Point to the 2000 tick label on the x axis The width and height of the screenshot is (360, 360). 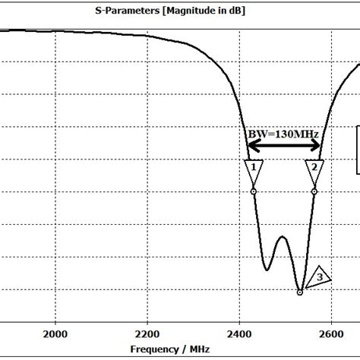pyautogui.click(x=55, y=333)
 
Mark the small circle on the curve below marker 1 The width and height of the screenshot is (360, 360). pyautogui.click(x=253, y=191)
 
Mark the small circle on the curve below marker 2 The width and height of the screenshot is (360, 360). pyautogui.click(x=314, y=191)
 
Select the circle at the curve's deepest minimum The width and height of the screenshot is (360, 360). pyautogui.click(x=300, y=292)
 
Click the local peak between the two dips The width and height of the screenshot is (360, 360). pyautogui.click(x=283, y=237)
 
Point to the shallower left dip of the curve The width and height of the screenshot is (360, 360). pyautogui.click(x=267, y=270)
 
